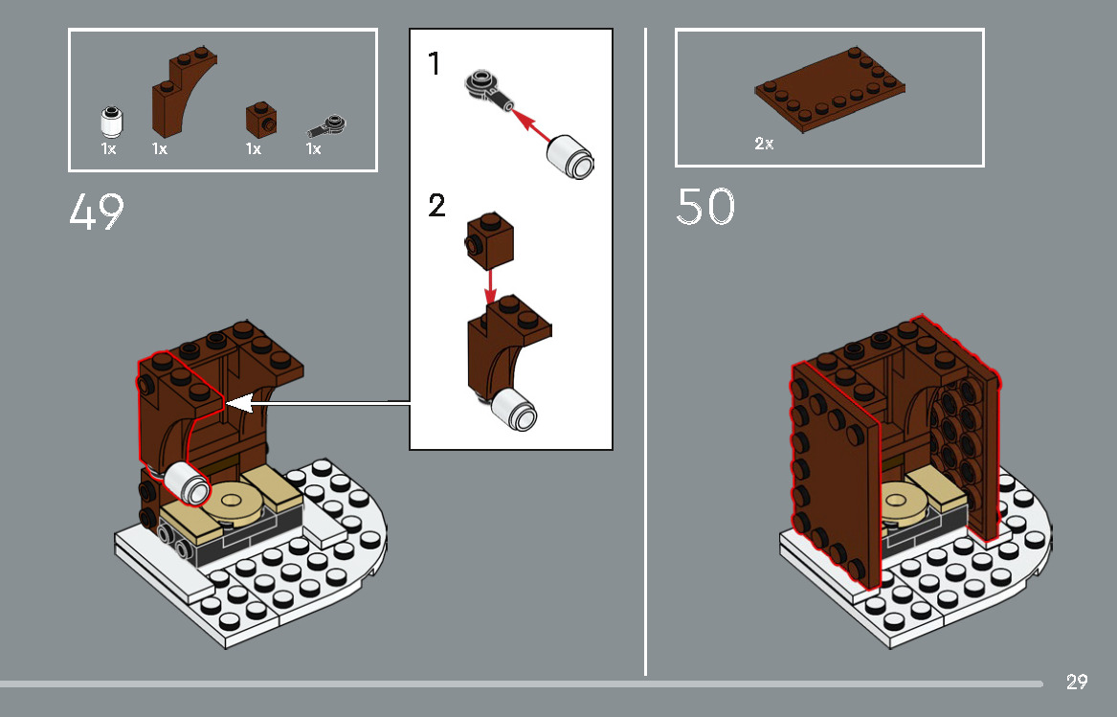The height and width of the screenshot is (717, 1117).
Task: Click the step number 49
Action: coord(97,213)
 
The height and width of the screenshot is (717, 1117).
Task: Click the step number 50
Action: coord(705,207)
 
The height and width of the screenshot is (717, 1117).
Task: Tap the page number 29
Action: coord(1077,682)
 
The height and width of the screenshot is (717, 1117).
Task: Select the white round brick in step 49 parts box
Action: coord(110,122)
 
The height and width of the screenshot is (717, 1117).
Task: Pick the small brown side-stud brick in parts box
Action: coord(260,118)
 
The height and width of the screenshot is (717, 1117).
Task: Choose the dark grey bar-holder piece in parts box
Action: coord(327,125)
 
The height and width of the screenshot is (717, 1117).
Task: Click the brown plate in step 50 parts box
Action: coord(830,92)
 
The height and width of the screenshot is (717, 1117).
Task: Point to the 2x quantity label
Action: coord(764,144)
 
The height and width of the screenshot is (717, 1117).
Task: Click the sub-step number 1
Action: coord(436,65)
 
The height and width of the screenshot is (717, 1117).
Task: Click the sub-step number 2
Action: coord(436,206)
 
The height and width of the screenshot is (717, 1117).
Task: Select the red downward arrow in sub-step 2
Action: coord(490,283)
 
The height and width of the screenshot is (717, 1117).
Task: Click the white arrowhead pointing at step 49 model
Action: coord(239,404)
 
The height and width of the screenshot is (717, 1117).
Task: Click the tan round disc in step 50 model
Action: coord(899,500)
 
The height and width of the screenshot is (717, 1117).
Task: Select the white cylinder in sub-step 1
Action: coord(570,155)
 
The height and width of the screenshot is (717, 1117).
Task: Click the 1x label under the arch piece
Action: coord(160,149)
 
